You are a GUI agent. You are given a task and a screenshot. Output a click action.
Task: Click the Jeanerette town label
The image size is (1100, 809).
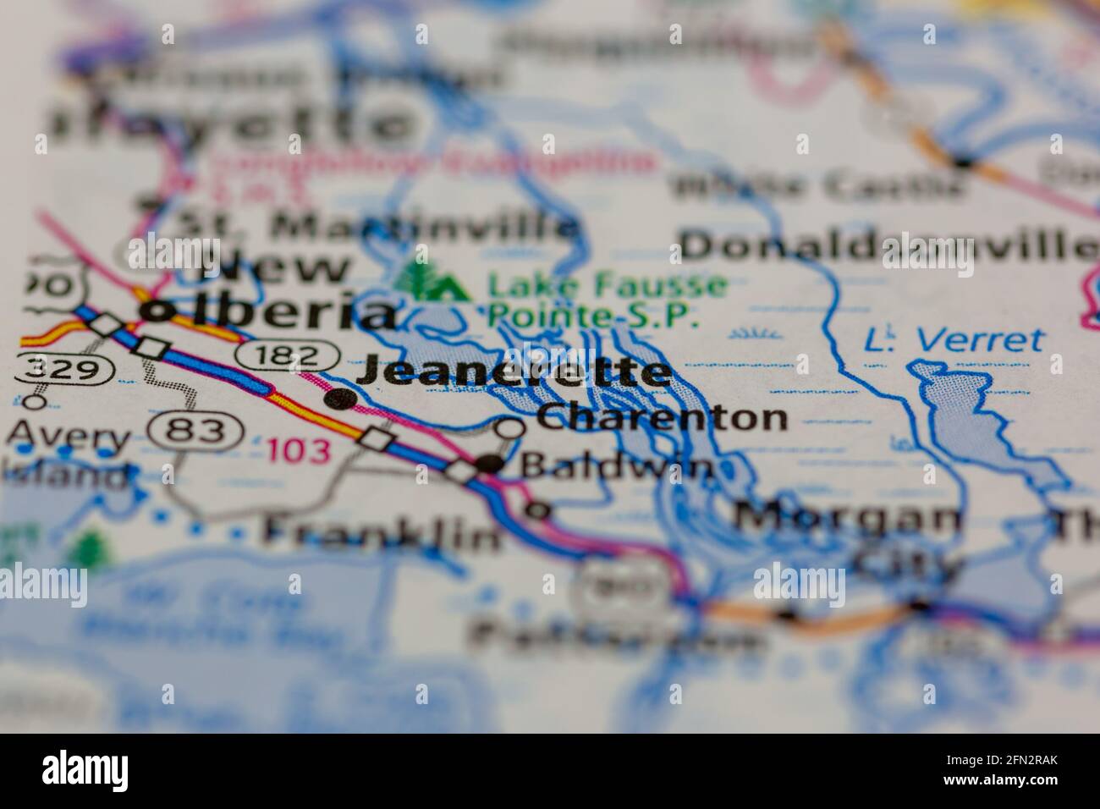point(514,373)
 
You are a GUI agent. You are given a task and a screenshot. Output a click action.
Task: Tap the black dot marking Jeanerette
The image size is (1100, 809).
point(340,397)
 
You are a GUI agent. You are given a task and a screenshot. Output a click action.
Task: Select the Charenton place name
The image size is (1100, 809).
point(662,417)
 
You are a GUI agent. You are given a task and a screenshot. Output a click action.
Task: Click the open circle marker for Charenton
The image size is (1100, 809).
point(509,428)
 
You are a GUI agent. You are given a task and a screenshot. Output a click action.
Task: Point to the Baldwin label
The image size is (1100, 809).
point(616,466)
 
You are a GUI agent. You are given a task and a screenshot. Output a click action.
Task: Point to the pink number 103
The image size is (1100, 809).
point(299,451)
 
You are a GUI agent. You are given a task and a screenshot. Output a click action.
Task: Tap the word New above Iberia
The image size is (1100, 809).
point(272,269)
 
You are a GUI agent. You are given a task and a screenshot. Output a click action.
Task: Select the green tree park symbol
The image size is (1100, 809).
point(432,282)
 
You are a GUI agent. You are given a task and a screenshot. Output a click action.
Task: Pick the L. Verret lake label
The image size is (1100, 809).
point(954,340)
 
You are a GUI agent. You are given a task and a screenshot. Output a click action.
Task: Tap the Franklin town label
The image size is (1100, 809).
point(380,533)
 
